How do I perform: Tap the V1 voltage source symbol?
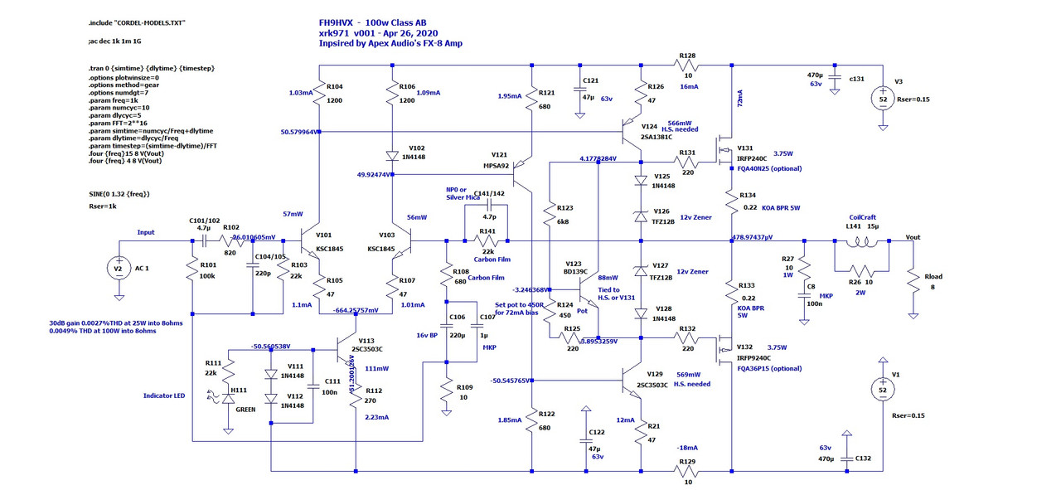[x=883, y=391]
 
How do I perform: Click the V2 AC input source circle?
[x=119, y=268]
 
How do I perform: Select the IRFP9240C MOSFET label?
[x=755, y=358]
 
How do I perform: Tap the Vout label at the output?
[x=913, y=237]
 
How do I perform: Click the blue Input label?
[x=146, y=233]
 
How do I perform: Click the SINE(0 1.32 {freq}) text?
[x=124, y=194]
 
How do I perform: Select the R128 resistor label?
[x=687, y=56]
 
